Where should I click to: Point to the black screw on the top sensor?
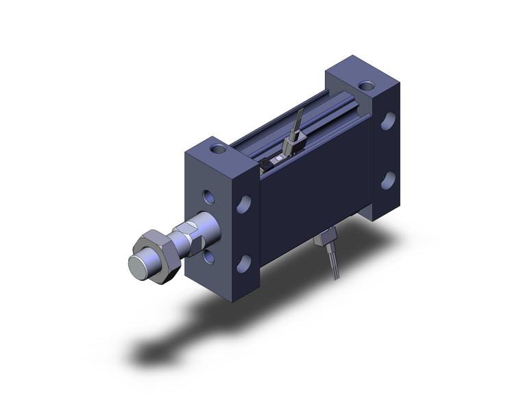(265, 163)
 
